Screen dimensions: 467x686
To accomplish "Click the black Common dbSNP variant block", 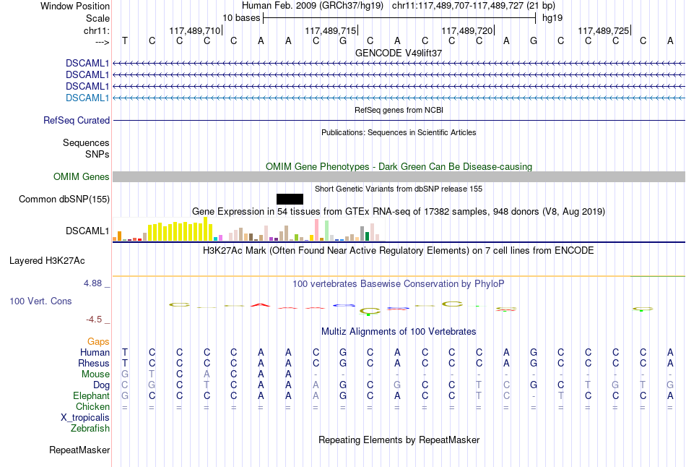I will [x=290, y=199].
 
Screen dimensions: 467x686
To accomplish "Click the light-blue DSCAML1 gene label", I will [x=87, y=98].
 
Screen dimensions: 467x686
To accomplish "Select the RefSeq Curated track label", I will [x=77, y=121].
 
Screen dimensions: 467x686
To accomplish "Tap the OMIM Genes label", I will [x=82, y=176].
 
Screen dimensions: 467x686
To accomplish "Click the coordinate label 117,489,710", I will [x=194, y=31].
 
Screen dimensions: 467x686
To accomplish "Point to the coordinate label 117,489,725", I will [x=603, y=31].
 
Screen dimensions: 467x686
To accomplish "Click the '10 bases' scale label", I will [x=240, y=17].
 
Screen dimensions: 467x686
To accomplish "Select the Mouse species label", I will [x=96, y=374].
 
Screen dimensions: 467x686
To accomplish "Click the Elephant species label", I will [x=92, y=395].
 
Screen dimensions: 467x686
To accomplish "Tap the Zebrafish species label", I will [x=90, y=428].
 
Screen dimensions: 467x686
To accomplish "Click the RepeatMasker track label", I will [x=79, y=450].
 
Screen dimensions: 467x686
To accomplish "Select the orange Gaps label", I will [x=98, y=340].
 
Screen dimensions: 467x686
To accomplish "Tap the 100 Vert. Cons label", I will [x=40, y=301].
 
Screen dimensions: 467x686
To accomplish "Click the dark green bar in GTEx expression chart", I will [x=367, y=235].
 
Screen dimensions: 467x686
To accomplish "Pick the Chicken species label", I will [x=93, y=406].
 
